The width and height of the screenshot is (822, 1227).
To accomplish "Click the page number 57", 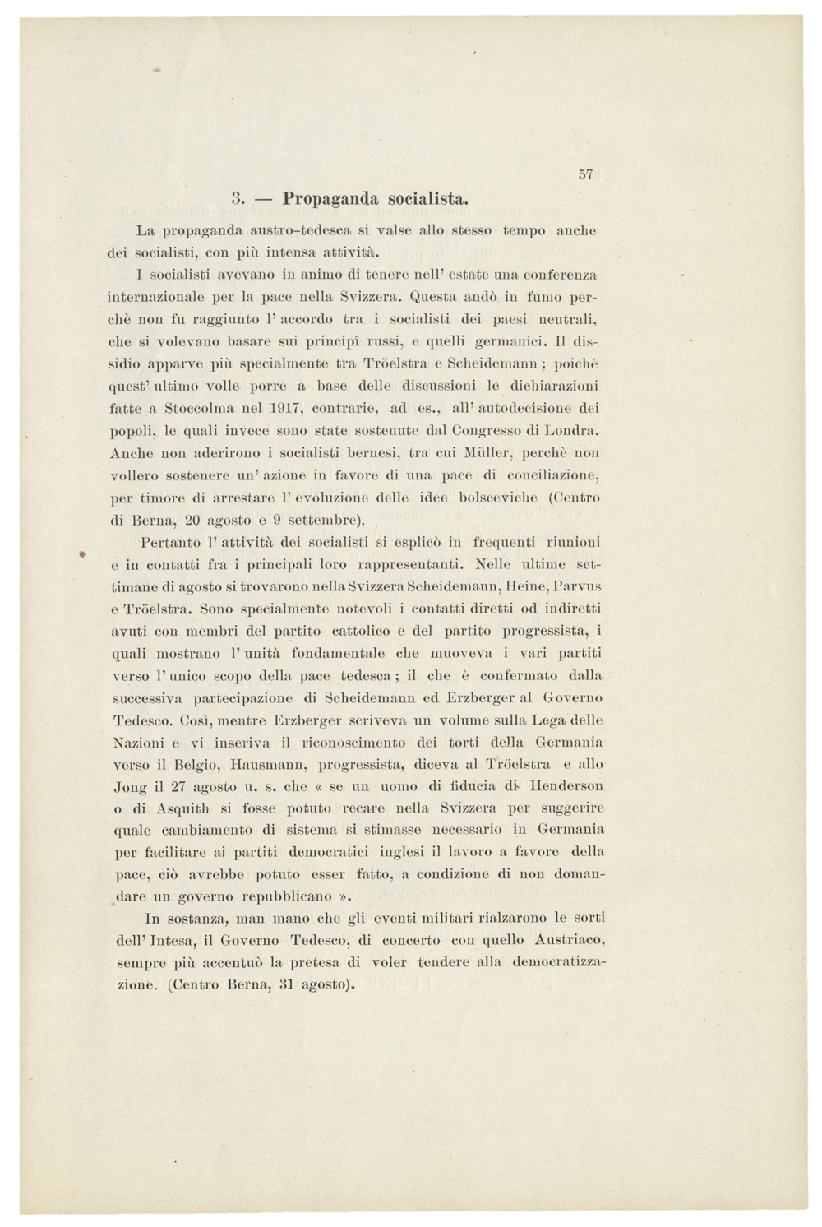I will tap(585, 174).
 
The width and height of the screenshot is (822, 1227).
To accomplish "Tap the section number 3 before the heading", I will tap(236, 199).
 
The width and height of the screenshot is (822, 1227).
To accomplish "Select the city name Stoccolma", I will tap(201, 407).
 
